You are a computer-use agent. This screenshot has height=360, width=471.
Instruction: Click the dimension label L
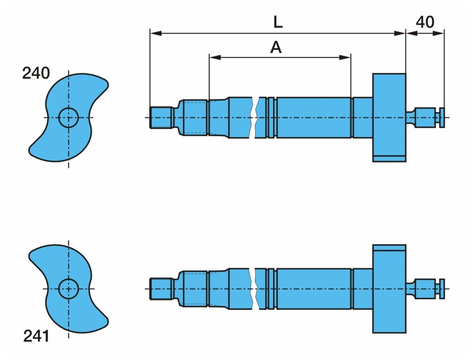(x=277, y=22)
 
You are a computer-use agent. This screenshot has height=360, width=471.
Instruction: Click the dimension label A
(x=276, y=47)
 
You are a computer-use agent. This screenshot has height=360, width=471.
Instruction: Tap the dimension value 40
(x=425, y=22)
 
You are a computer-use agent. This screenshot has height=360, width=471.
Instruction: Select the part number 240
(x=36, y=73)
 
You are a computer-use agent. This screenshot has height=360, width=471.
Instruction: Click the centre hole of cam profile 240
(x=69, y=117)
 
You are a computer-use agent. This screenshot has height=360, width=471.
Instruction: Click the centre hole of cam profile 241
(x=69, y=289)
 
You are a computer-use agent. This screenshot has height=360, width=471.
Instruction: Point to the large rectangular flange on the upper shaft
(x=389, y=117)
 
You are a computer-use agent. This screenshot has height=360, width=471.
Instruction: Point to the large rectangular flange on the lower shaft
(x=389, y=289)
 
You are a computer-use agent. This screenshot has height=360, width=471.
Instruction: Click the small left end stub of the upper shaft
(x=161, y=117)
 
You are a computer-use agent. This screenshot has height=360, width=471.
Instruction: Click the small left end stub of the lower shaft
(x=161, y=289)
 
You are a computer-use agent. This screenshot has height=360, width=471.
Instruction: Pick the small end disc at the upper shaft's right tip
(x=442, y=117)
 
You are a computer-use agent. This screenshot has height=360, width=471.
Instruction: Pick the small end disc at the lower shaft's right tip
(x=442, y=289)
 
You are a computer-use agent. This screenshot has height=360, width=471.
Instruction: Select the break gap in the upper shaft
(x=255, y=117)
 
